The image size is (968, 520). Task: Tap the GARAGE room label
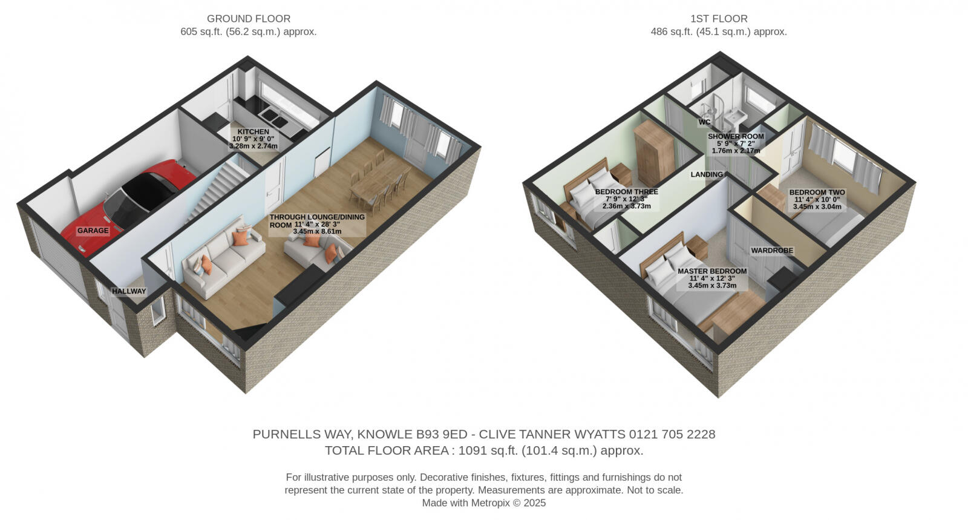point(93,231)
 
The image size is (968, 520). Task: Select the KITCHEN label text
point(253,132)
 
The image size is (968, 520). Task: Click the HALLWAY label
point(129,291)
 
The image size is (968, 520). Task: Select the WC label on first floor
point(704,122)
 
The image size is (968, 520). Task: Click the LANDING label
point(707,174)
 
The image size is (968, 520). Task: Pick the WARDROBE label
point(771,250)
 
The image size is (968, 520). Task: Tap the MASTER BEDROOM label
point(712,271)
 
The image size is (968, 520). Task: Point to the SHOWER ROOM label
point(736,137)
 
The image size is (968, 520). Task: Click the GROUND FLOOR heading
point(248,19)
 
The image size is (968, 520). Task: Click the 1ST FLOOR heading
point(719,19)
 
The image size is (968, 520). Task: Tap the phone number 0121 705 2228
point(672,434)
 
